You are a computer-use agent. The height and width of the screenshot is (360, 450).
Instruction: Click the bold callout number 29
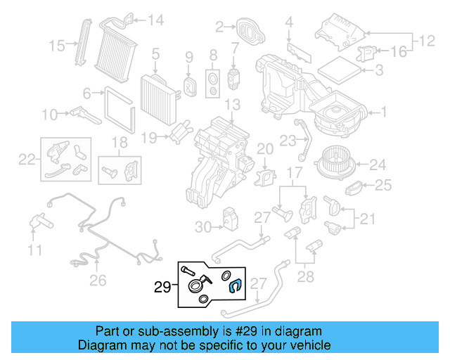click(162, 287)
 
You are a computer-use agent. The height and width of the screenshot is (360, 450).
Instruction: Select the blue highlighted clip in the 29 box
click(236, 285)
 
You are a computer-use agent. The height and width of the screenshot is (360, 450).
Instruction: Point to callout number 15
click(57, 46)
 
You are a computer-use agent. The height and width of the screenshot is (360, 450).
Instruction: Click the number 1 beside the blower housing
click(384, 111)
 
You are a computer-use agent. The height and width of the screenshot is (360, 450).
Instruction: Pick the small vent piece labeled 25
click(356, 188)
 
